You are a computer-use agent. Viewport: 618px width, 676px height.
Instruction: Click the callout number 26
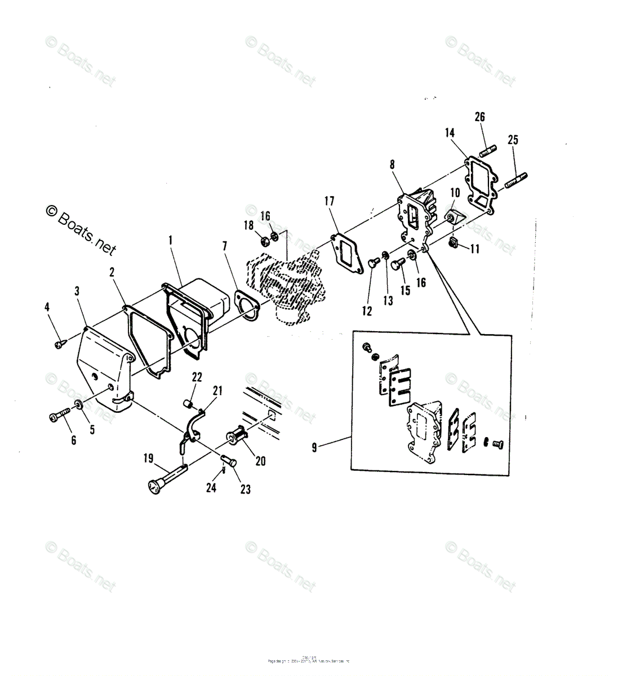tap(479, 117)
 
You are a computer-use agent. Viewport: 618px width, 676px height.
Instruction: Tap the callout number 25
tap(513, 140)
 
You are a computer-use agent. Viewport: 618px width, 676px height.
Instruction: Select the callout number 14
tap(450, 133)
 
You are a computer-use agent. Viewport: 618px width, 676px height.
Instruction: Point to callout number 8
tap(392, 164)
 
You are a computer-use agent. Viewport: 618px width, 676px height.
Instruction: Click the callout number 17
tap(330, 201)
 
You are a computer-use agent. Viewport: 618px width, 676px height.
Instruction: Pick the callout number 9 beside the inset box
tap(314, 448)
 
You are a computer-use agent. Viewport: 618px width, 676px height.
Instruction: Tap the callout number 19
tap(148, 459)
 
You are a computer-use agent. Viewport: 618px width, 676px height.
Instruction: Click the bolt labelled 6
tap(57, 417)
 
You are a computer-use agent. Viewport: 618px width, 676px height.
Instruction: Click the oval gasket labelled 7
tap(246, 305)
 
